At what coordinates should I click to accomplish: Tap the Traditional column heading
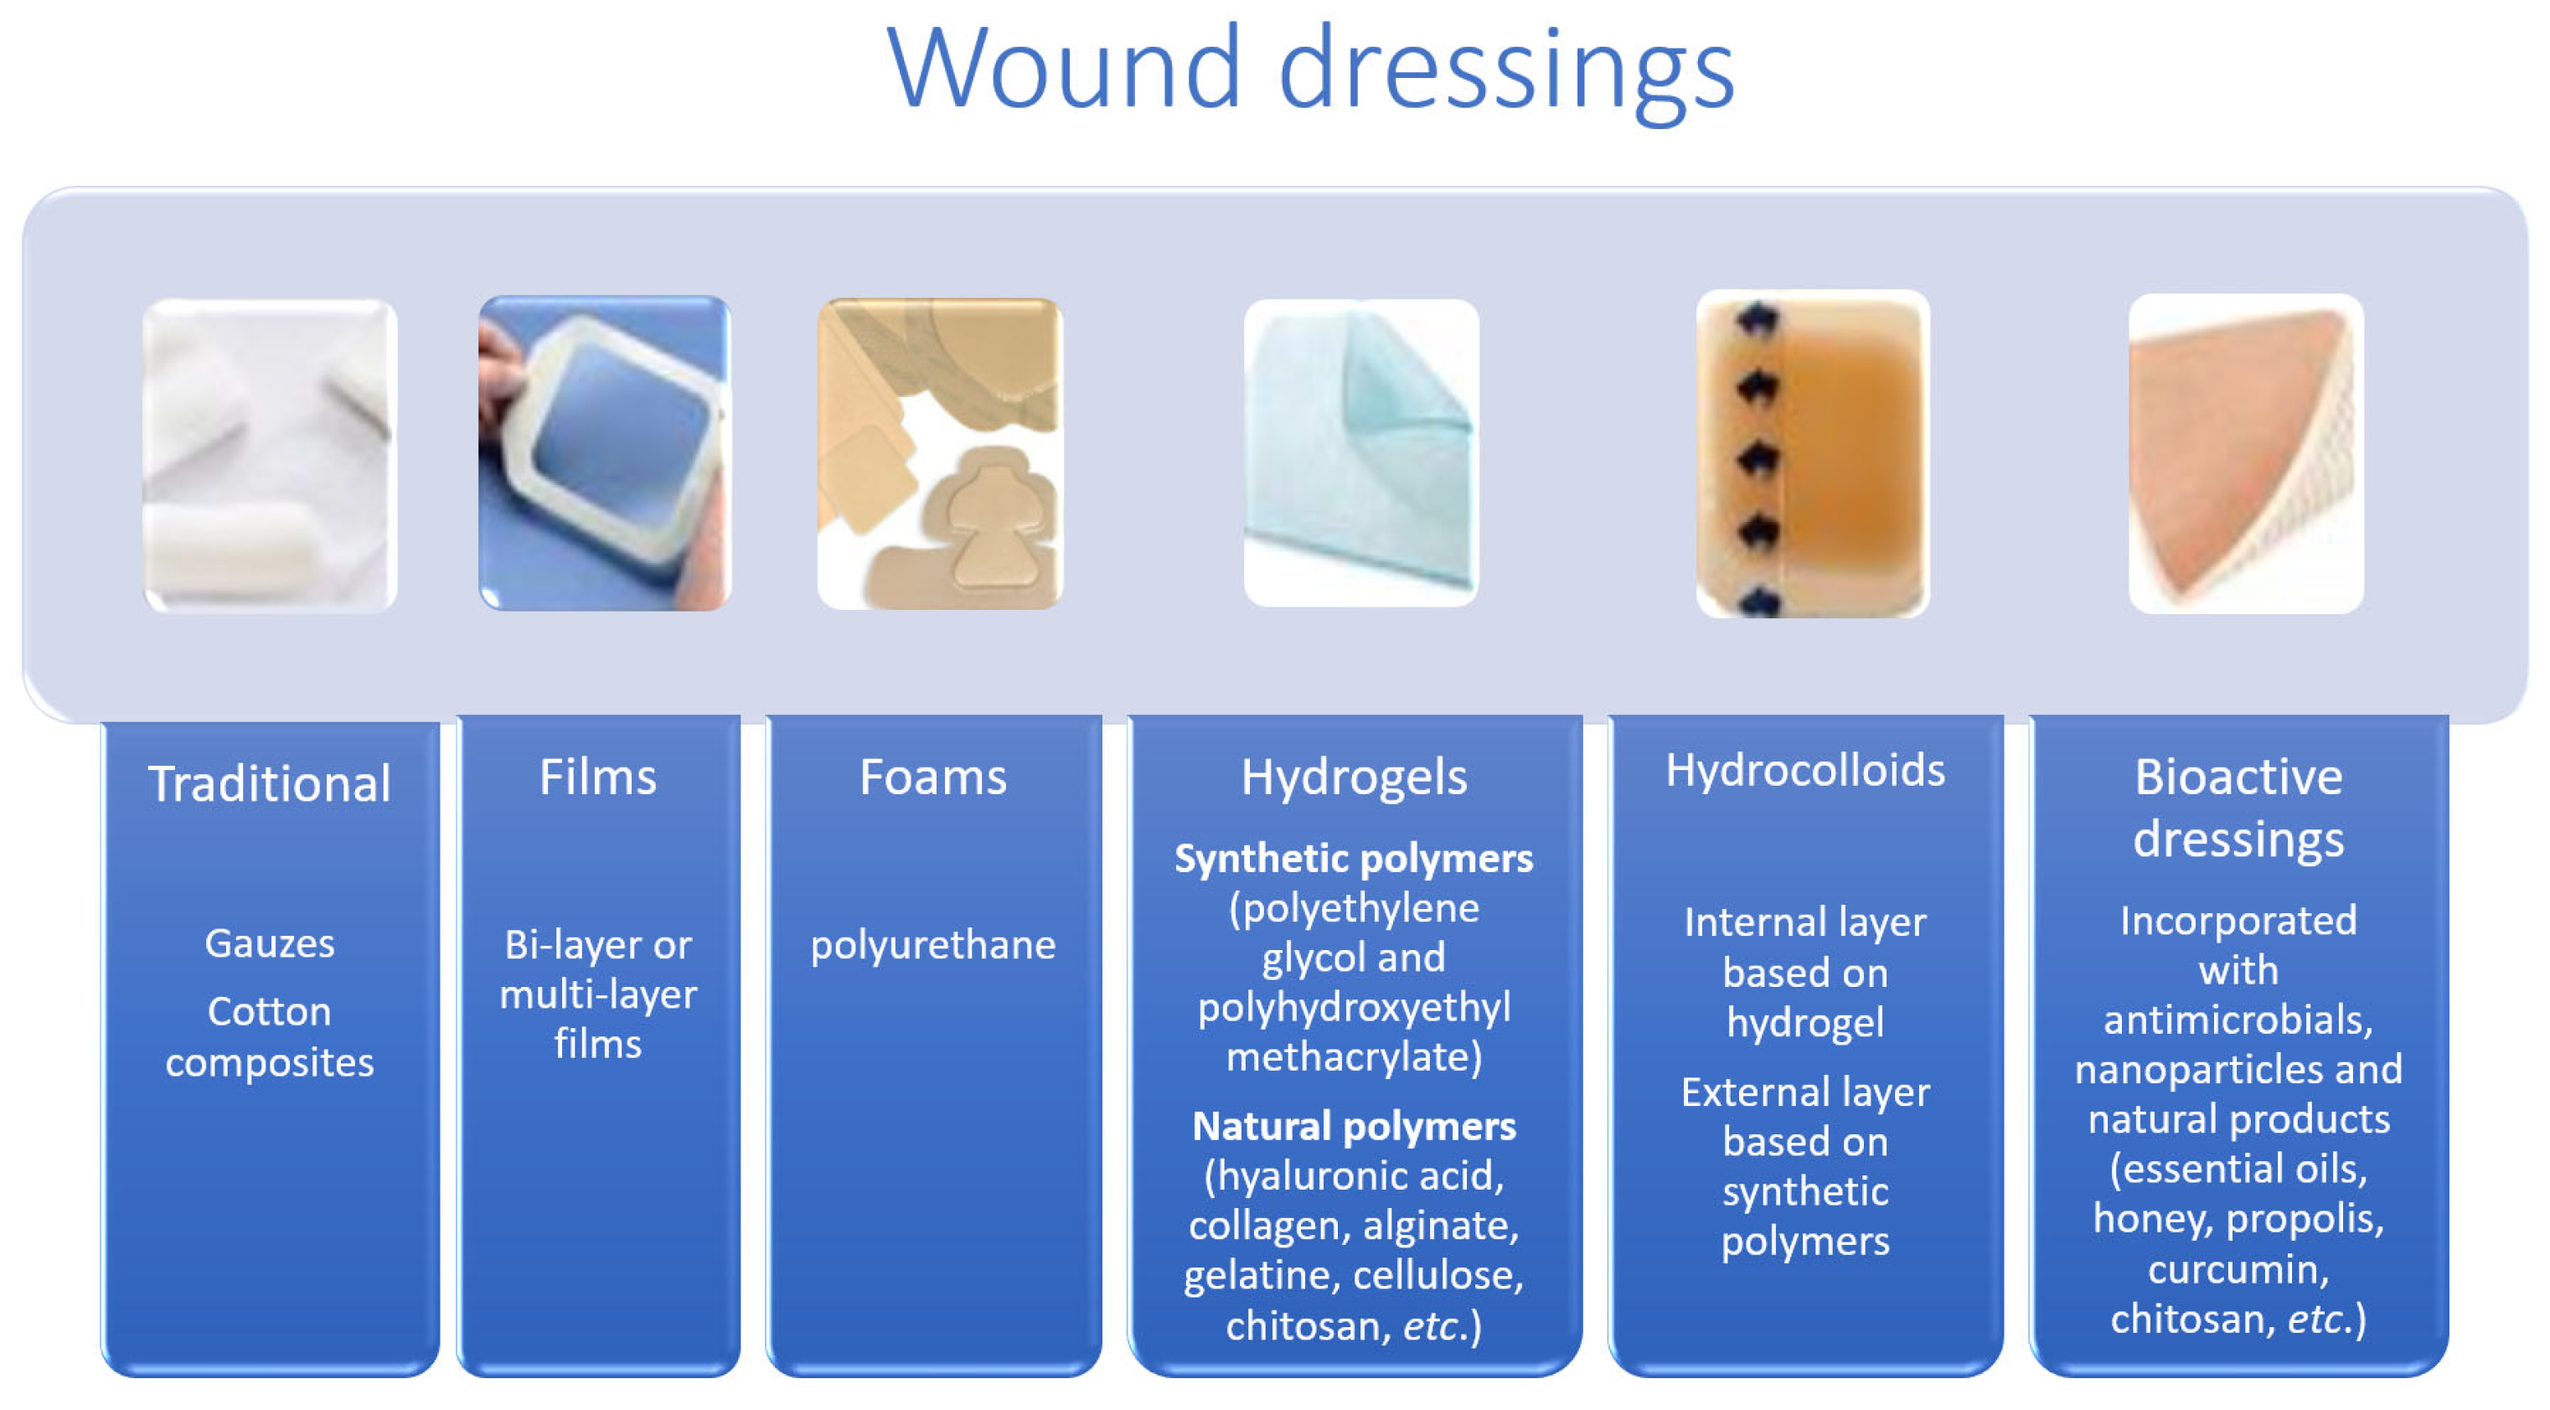click(269, 783)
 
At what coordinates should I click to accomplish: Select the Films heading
click(598, 777)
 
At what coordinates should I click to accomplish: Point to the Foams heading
click(932, 777)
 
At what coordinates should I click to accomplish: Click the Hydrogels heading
click(1355, 778)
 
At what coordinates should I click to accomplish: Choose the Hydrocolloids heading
click(1804, 771)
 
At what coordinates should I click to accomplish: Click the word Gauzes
click(269, 943)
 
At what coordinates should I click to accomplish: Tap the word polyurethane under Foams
click(932, 947)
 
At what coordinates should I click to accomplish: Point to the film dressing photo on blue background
click(605, 452)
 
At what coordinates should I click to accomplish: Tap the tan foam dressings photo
click(941, 453)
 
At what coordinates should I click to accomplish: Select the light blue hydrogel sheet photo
click(1361, 452)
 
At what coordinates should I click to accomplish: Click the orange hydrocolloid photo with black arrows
click(1813, 453)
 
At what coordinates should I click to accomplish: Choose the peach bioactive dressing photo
click(2246, 453)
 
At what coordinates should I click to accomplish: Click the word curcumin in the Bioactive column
click(2238, 1268)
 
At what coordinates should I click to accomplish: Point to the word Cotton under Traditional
click(269, 1012)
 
